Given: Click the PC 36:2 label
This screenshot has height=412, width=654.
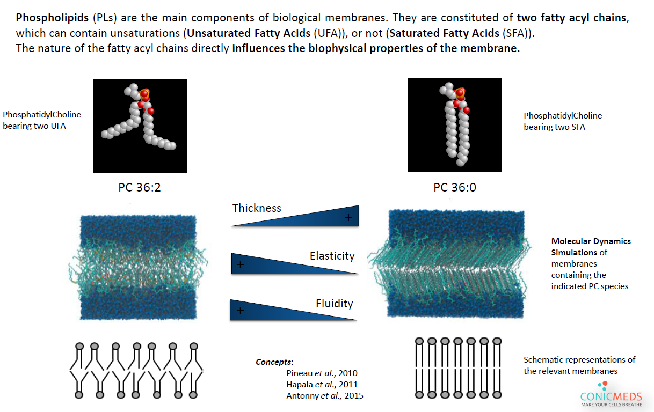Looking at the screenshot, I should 140,188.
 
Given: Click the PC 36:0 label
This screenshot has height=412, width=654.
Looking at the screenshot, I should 455,188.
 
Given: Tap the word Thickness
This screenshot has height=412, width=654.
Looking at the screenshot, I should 257,208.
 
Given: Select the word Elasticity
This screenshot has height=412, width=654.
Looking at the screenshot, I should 332,256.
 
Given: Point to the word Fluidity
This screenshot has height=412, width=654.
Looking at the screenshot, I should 334,304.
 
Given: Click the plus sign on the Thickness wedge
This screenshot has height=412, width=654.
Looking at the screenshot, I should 348,217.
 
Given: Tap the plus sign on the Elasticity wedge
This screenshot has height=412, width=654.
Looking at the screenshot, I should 240,264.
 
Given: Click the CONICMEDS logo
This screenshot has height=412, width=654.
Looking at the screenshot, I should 611,397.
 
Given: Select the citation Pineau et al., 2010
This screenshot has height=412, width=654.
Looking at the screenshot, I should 322,373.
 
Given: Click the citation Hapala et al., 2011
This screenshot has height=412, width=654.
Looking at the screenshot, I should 322,384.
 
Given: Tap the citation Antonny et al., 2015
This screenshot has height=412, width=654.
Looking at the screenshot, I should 325,395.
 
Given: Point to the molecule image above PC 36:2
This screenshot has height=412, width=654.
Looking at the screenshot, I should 140,126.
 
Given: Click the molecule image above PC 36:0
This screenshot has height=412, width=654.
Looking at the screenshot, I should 455,125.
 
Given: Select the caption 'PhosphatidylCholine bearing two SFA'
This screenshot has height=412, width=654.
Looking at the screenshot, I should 563,121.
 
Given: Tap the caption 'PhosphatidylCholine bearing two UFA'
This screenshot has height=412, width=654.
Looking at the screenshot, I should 42,121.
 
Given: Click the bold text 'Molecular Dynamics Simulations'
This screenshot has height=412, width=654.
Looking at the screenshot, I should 591,246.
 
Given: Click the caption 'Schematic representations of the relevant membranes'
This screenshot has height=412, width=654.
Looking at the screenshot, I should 579,365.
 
